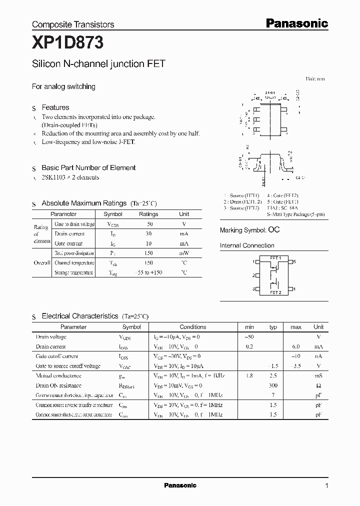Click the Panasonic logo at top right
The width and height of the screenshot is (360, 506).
pyautogui.click(x=296, y=23)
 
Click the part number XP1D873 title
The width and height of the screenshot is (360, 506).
pyautogui.click(x=67, y=43)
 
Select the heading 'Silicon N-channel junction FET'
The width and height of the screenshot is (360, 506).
pyautogui.click(x=98, y=64)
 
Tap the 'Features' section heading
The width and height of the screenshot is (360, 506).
pyautogui.click(x=55, y=107)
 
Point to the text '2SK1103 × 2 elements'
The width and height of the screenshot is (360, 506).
pyautogui.click(x=70, y=177)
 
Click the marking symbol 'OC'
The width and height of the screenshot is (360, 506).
pyautogui.click(x=274, y=230)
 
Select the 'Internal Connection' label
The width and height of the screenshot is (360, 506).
pyautogui.click(x=247, y=245)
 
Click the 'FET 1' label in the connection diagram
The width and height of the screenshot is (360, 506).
pyautogui.click(x=275, y=258)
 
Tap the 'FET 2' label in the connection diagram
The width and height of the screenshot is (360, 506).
pyautogui.click(x=275, y=292)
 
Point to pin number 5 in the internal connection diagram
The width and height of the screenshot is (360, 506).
pyautogui.click(x=294, y=261)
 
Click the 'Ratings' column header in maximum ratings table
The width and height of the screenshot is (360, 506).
pyautogui.click(x=148, y=214)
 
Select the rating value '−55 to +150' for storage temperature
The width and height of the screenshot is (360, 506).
pyautogui.click(x=148, y=272)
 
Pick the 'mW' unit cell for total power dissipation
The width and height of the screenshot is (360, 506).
pyautogui.click(x=184, y=253)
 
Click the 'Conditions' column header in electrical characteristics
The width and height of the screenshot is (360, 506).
pyautogui.click(x=192, y=327)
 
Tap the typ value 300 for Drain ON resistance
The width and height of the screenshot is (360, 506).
pyautogui.click(x=273, y=386)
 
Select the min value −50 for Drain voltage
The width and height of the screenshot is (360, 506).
pyautogui.click(x=249, y=337)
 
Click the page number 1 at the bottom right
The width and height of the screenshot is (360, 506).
pyautogui.click(x=326, y=485)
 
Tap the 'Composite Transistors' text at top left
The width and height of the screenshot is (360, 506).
pyautogui.click(x=73, y=24)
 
